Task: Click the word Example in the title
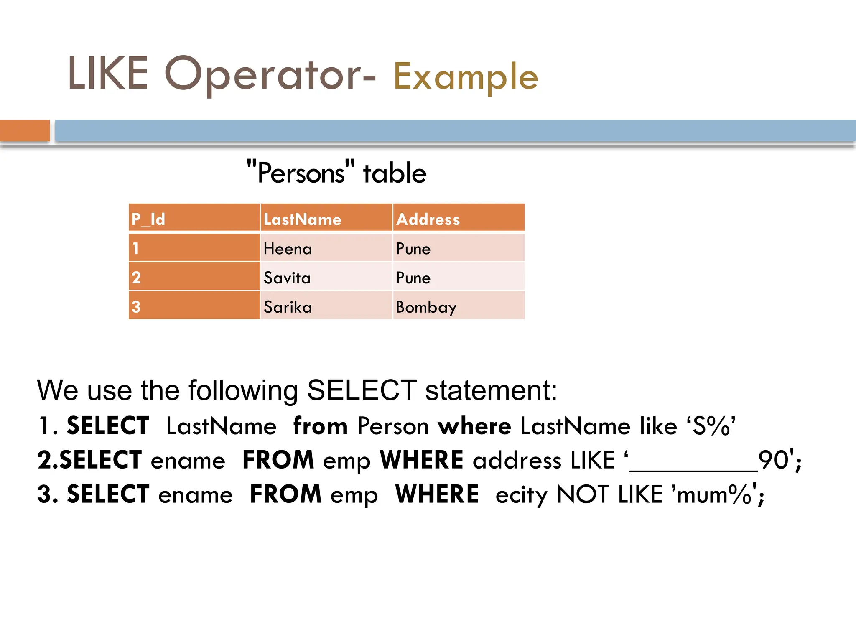click(466, 77)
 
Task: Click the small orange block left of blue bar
click(25, 130)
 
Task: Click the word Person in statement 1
click(393, 426)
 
